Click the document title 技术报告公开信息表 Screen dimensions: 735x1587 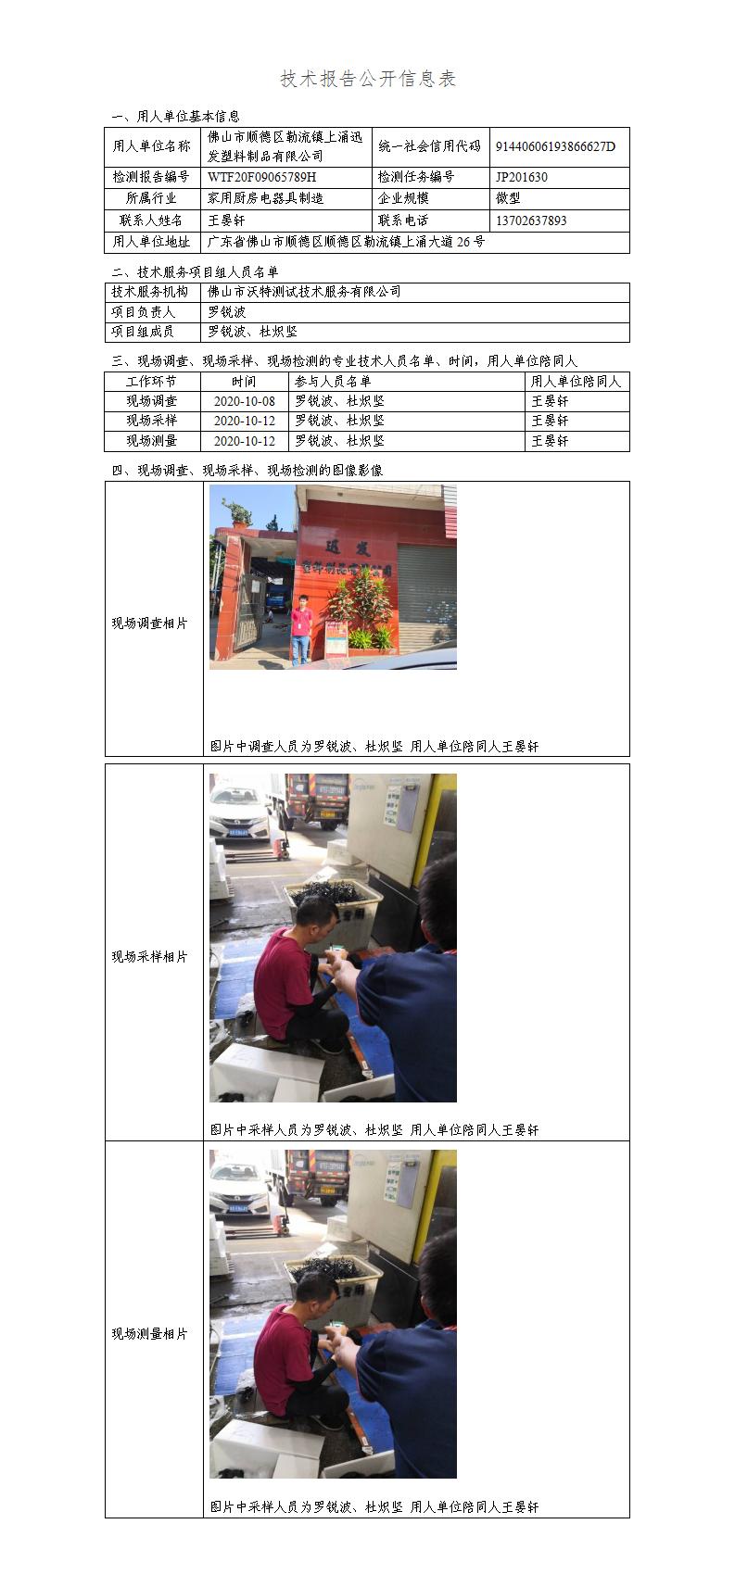click(x=368, y=79)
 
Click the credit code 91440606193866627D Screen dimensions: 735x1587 click(x=555, y=146)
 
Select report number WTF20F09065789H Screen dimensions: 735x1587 click(x=261, y=177)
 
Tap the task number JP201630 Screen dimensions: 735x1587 click(x=521, y=177)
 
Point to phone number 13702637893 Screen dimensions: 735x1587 click(x=531, y=220)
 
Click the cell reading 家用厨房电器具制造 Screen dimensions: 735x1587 click(x=265, y=198)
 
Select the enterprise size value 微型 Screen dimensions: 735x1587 click(x=508, y=198)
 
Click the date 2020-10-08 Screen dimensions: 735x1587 click(x=245, y=401)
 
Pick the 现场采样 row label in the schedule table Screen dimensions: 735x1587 click(x=152, y=420)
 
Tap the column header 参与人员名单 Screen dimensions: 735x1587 click(x=333, y=381)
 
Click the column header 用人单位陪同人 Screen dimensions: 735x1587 click(x=576, y=381)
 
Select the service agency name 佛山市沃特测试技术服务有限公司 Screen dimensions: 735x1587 click(x=304, y=291)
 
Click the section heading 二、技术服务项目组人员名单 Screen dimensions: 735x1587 click(x=195, y=272)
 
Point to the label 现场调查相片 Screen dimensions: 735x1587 click(x=149, y=623)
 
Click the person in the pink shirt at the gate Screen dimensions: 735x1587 click(x=301, y=630)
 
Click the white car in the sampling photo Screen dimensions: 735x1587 click(x=239, y=809)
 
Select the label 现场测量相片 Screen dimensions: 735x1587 click(x=149, y=1334)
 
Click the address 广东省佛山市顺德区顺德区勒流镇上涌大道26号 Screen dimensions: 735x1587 click(x=346, y=242)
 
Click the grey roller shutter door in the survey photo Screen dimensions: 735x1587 click(x=426, y=598)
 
